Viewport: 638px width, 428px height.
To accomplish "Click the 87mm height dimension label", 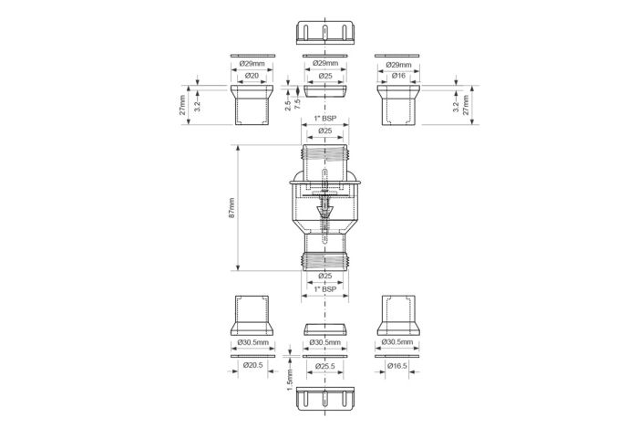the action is [232, 208].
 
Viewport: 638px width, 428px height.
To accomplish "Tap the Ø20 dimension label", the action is [252, 76].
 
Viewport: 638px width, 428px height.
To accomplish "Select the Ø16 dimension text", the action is [398, 76].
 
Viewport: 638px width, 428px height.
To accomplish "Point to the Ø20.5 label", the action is [252, 365].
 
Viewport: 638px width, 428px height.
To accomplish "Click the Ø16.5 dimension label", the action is [396, 366].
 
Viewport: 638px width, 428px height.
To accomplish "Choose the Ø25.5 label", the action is [324, 366].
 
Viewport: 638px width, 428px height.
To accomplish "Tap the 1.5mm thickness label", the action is [290, 380].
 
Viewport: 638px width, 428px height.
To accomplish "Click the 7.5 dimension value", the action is [297, 104].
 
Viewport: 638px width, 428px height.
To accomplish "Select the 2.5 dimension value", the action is [288, 106].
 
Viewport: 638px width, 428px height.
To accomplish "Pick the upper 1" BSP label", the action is [325, 119].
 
